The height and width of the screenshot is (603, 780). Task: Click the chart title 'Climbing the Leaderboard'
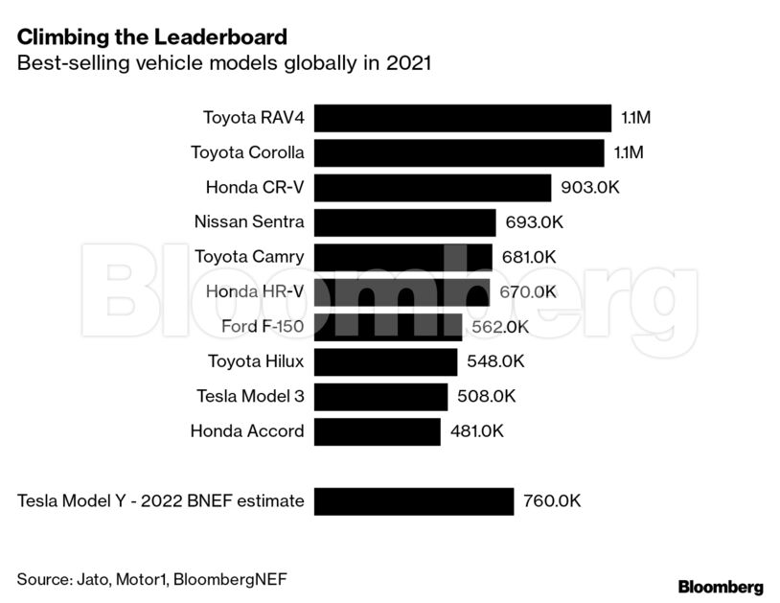(x=151, y=37)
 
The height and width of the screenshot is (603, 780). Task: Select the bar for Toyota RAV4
(x=462, y=118)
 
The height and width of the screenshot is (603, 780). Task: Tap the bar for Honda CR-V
(x=432, y=188)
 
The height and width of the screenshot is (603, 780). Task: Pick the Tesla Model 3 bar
(x=380, y=396)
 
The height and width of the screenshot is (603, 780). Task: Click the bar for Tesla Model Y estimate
(x=413, y=500)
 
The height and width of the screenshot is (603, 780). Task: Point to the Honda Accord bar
(x=377, y=431)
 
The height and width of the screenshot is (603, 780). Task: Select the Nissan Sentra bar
(x=404, y=222)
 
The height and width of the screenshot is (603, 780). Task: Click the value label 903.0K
(x=590, y=188)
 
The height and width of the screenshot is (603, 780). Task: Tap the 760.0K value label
(x=552, y=500)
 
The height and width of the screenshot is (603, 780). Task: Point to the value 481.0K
(x=477, y=431)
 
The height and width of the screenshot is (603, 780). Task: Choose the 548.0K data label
(x=496, y=361)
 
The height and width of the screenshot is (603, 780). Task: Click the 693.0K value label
(x=535, y=222)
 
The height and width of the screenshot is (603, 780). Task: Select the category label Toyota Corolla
(x=247, y=152)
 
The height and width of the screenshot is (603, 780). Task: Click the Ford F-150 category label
(x=262, y=327)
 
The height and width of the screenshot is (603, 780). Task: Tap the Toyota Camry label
(x=249, y=257)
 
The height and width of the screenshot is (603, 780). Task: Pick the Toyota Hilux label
(x=256, y=361)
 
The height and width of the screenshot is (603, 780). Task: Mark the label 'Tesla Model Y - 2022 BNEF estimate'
(x=161, y=500)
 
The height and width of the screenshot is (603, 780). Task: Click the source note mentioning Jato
(x=151, y=579)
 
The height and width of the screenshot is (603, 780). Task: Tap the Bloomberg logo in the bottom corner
(x=721, y=587)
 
